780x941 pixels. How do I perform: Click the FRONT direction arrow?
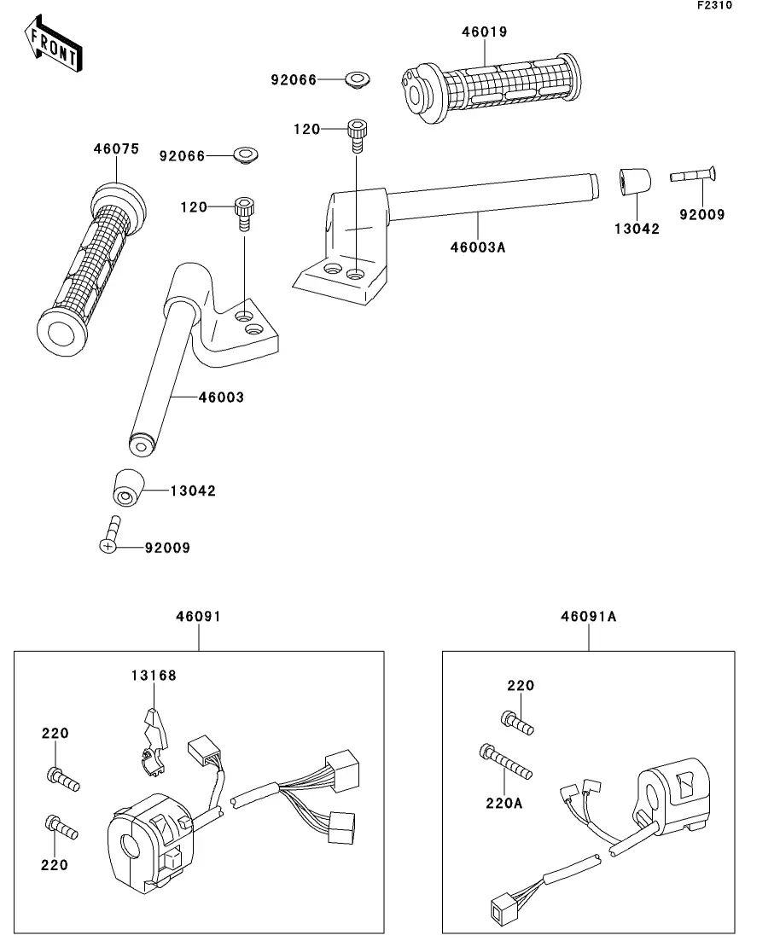[54, 44]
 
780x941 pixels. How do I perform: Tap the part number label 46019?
[485, 32]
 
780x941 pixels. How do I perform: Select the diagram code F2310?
[714, 5]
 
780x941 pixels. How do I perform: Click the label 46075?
[116, 148]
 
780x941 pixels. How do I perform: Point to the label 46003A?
[478, 247]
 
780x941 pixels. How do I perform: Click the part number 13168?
[154, 676]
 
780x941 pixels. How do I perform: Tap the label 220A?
[504, 803]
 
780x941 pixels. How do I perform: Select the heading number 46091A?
[589, 616]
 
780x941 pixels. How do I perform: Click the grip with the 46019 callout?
[492, 88]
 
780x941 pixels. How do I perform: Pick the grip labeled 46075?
[91, 269]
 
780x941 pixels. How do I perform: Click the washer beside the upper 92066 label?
[358, 79]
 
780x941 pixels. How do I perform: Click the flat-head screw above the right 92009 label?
[693, 175]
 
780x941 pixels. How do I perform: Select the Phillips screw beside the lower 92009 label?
[110, 535]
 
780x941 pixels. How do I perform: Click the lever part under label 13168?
[154, 744]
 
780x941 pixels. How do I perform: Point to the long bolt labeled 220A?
[505, 762]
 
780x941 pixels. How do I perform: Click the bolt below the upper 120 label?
[358, 137]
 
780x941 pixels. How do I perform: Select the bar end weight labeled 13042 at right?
[635, 182]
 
